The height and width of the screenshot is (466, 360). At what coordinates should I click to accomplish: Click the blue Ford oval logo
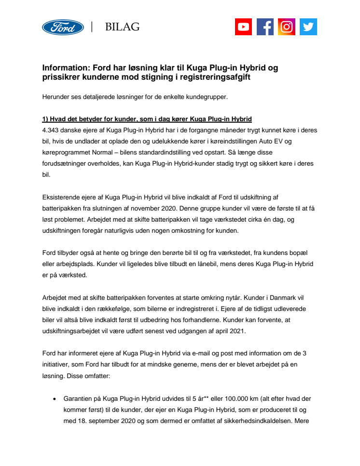[63, 27]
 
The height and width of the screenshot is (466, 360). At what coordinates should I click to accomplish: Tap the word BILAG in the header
[122, 27]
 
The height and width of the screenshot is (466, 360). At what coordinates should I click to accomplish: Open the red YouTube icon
[244, 27]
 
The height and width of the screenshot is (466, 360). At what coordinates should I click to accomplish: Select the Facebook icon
[265, 27]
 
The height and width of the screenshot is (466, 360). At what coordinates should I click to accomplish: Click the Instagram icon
[287, 27]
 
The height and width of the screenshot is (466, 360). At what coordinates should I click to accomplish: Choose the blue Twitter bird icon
[308, 27]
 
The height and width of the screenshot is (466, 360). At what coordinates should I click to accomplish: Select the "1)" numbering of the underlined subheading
[46, 119]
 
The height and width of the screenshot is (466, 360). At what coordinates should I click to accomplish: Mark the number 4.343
[52, 130]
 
